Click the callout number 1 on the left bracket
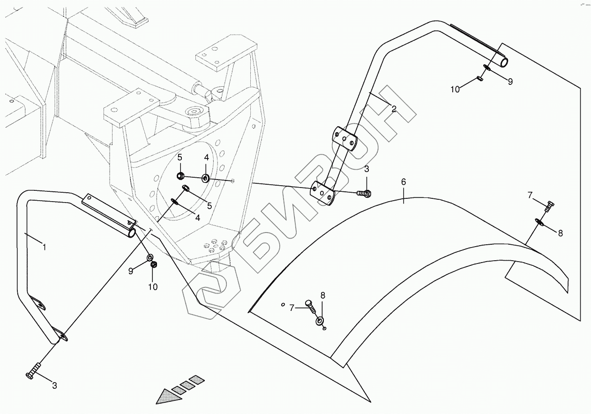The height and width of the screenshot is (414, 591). [x=45, y=247]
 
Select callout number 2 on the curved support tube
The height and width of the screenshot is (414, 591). [x=394, y=109]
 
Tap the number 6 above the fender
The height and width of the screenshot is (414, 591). [x=404, y=182]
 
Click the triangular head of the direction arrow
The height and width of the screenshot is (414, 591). [x=166, y=397]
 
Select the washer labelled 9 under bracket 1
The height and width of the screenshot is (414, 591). [x=150, y=257]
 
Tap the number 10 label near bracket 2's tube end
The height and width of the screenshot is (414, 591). [x=455, y=90]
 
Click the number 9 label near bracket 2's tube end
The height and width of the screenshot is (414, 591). [x=510, y=81]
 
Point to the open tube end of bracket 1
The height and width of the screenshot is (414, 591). [x=132, y=232]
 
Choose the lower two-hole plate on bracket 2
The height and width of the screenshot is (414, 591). [x=323, y=193]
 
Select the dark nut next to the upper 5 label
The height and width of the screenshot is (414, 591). [x=180, y=176]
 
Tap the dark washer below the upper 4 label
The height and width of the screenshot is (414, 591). [x=205, y=178]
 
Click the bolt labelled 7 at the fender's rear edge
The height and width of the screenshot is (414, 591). [x=550, y=205]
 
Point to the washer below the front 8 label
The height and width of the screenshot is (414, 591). [x=320, y=321]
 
